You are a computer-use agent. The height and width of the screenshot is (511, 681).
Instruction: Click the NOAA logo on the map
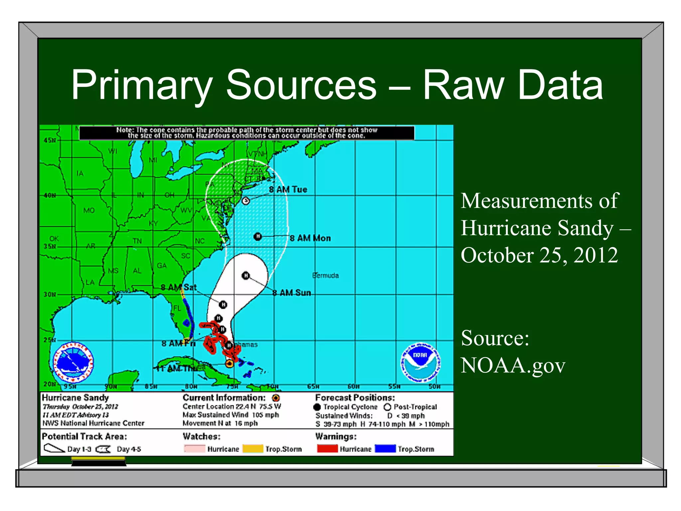click(420, 362)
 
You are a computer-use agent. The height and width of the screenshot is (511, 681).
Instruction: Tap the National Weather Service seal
click(73, 362)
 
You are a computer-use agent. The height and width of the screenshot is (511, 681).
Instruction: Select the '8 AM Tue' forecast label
click(288, 189)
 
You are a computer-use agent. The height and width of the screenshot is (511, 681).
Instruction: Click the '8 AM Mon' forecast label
click(310, 238)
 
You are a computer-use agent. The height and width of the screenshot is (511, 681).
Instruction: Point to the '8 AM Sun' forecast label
click(292, 292)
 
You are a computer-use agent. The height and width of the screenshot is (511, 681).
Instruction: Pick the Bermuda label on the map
click(326, 275)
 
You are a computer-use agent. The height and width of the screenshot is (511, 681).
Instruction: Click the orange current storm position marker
click(229, 364)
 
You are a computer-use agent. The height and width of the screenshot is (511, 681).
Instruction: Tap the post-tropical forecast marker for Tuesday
click(246, 201)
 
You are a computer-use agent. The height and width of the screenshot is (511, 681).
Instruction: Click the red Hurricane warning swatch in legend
click(327, 448)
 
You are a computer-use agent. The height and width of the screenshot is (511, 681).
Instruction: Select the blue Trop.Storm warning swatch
click(385, 448)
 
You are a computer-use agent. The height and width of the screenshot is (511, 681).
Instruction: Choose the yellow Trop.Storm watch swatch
click(253, 449)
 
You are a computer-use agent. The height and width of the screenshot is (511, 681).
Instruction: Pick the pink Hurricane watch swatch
click(195, 449)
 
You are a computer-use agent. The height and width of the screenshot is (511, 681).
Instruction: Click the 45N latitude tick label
click(50, 140)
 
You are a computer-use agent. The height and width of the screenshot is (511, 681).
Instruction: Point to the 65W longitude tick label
click(313, 387)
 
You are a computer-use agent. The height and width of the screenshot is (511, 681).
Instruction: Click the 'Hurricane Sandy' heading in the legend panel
click(75, 398)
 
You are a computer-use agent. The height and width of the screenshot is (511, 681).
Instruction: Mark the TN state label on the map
click(137, 241)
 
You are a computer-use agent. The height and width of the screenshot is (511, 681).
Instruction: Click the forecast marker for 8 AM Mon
click(258, 237)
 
